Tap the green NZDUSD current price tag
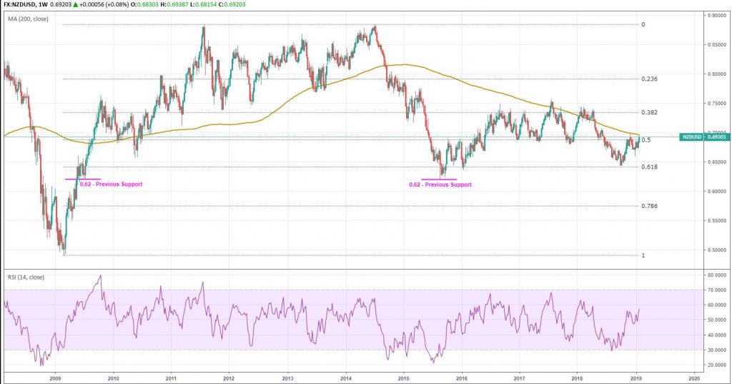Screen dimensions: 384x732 702,136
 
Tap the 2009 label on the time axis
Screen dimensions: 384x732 55,376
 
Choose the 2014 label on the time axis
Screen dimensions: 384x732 345,376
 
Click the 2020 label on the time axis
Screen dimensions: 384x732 693,376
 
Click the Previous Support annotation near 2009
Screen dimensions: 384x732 111,184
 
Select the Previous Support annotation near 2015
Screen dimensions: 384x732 440,184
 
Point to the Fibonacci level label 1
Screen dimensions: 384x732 643,255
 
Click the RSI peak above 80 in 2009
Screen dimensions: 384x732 100,276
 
